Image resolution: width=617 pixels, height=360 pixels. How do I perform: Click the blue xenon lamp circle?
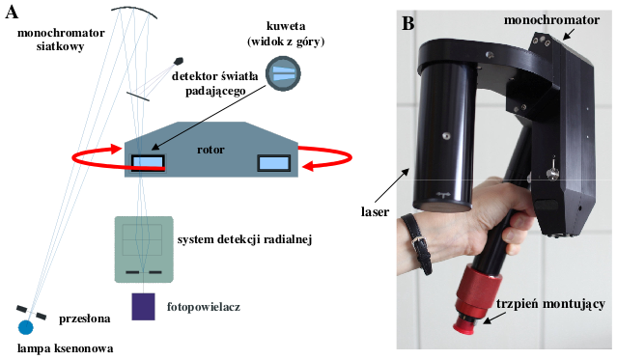coord(26,327)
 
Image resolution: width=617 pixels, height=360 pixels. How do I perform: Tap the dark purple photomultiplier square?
coord(143,307)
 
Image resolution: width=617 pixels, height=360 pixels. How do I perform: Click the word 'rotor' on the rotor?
coord(210,150)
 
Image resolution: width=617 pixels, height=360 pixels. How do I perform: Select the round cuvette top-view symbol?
coord(283,73)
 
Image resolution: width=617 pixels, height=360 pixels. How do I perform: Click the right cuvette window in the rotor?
coord(274,163)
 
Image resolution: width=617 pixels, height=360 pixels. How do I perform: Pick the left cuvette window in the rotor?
coord(148,162)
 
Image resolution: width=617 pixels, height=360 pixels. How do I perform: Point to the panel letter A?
coord(12,13)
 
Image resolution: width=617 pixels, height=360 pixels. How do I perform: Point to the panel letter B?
coord(408,23)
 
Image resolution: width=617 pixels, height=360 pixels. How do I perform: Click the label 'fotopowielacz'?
coord(204,307)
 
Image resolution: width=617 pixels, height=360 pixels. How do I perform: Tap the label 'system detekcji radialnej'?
coord(244,239)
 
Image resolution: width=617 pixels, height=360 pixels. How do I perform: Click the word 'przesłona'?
coord(85,318)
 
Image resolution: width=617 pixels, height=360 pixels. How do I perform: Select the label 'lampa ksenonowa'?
coord(66,348)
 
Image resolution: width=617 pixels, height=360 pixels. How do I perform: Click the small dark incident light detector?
coord(179,61)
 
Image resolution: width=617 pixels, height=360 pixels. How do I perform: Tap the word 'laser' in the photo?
coord(375,212)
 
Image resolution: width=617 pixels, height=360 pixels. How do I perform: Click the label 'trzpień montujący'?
coord(550,304)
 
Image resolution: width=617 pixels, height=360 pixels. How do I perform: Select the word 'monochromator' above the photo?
coord(551,20)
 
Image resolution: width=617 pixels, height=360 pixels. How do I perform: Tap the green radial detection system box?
coord(144,249)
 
